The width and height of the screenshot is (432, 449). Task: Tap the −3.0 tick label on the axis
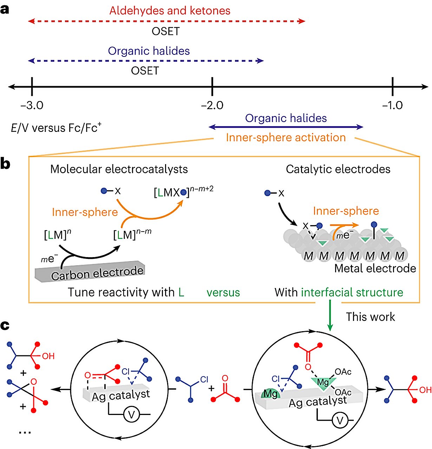pos(32,105)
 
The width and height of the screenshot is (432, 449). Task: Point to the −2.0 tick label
pos(212,105)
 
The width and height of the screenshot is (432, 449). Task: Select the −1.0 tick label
pos(392,105)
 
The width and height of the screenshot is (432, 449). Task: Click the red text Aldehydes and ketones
pos(170,11)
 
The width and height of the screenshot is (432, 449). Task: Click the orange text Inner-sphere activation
pos(286,138)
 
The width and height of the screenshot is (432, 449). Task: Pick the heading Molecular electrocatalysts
pos(119,169)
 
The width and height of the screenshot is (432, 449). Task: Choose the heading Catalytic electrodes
pos(338,169)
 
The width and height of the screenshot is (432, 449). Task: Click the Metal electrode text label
pos(375,269)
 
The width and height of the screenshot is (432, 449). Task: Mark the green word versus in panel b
pos(223,293)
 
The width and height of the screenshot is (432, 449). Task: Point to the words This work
pos(370,317)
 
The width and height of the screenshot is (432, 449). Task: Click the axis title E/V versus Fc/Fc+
pos(56,128)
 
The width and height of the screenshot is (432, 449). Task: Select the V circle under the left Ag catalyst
pos(131,415)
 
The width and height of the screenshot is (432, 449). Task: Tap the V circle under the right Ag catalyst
pos(340,420)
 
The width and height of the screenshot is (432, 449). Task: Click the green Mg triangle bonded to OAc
pos(322,382)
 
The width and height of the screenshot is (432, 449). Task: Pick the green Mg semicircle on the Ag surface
pos(270,394)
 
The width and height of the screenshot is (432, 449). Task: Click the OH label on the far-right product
pos(425,390)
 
